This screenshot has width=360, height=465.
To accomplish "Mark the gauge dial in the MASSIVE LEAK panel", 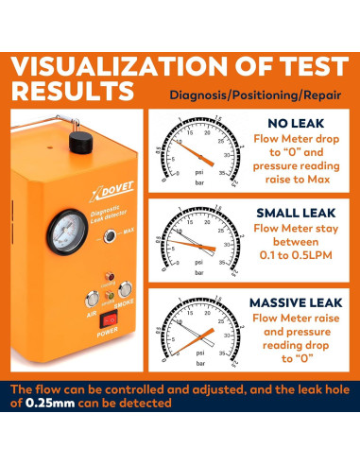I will point(195,336).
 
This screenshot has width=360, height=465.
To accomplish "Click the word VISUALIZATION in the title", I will point(115,69).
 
